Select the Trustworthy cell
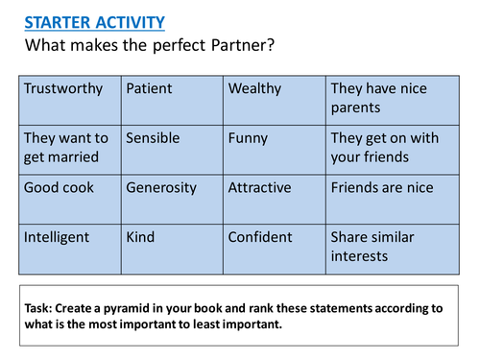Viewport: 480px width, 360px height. pos(69,100)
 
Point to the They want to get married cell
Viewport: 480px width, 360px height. pos(69,149)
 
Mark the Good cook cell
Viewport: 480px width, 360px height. pos(69,199)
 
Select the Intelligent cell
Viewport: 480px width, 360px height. pos(69,248)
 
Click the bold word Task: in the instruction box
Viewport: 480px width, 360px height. pos(44,308)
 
